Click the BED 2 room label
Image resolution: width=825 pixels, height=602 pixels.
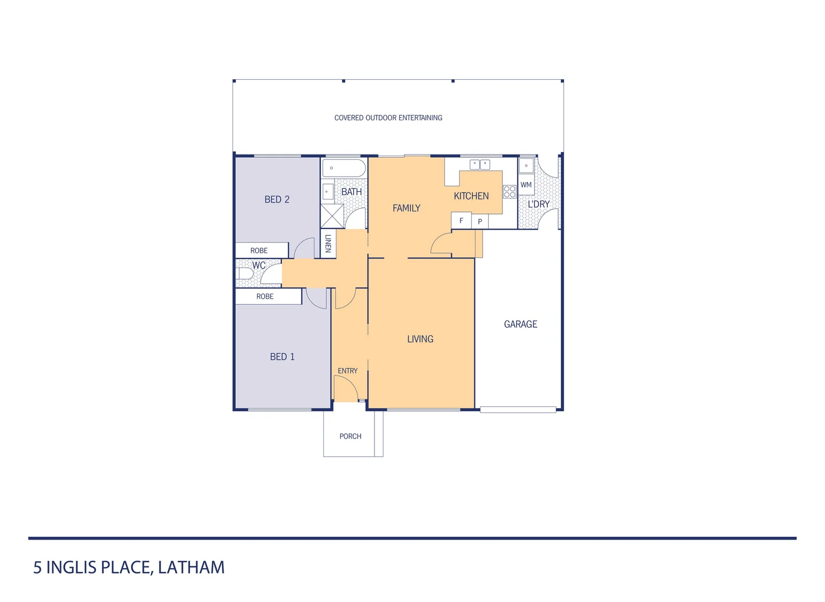(x=277, y=200)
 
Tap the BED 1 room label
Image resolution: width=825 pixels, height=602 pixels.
(x=282, y=357)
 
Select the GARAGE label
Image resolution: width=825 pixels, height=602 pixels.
(x=521, y=324)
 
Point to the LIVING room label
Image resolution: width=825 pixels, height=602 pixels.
(x=420, y=339)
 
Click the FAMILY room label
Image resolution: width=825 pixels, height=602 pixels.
(x=406, y=208)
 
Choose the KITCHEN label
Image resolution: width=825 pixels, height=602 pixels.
(x=471, y=196)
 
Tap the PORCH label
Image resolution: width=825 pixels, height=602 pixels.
(x=351, y=436)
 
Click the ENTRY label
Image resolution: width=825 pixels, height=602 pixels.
(x=348, y=371)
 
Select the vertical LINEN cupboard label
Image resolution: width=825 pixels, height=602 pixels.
(x=328, y=244)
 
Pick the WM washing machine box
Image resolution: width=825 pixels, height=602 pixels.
(x=526, y=185)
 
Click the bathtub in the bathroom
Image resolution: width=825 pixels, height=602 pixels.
(x=344, y=168)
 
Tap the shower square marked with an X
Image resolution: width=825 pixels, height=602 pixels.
(x=332, y=216)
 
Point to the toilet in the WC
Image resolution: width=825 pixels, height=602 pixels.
(x=245, y=274)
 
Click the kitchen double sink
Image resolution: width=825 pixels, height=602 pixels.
(x=480, y=164)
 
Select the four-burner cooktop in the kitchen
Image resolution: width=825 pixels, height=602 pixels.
(x=509, y=192)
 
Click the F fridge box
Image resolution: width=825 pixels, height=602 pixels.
(x=461, y=221)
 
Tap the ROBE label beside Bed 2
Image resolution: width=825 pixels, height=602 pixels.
(x=259, y=251)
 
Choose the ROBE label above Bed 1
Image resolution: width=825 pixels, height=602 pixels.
(x=265, y=297)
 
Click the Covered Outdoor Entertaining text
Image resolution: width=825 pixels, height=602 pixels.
(x=388, y=118)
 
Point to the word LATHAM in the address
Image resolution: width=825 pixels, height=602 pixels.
(x=191, y=567)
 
